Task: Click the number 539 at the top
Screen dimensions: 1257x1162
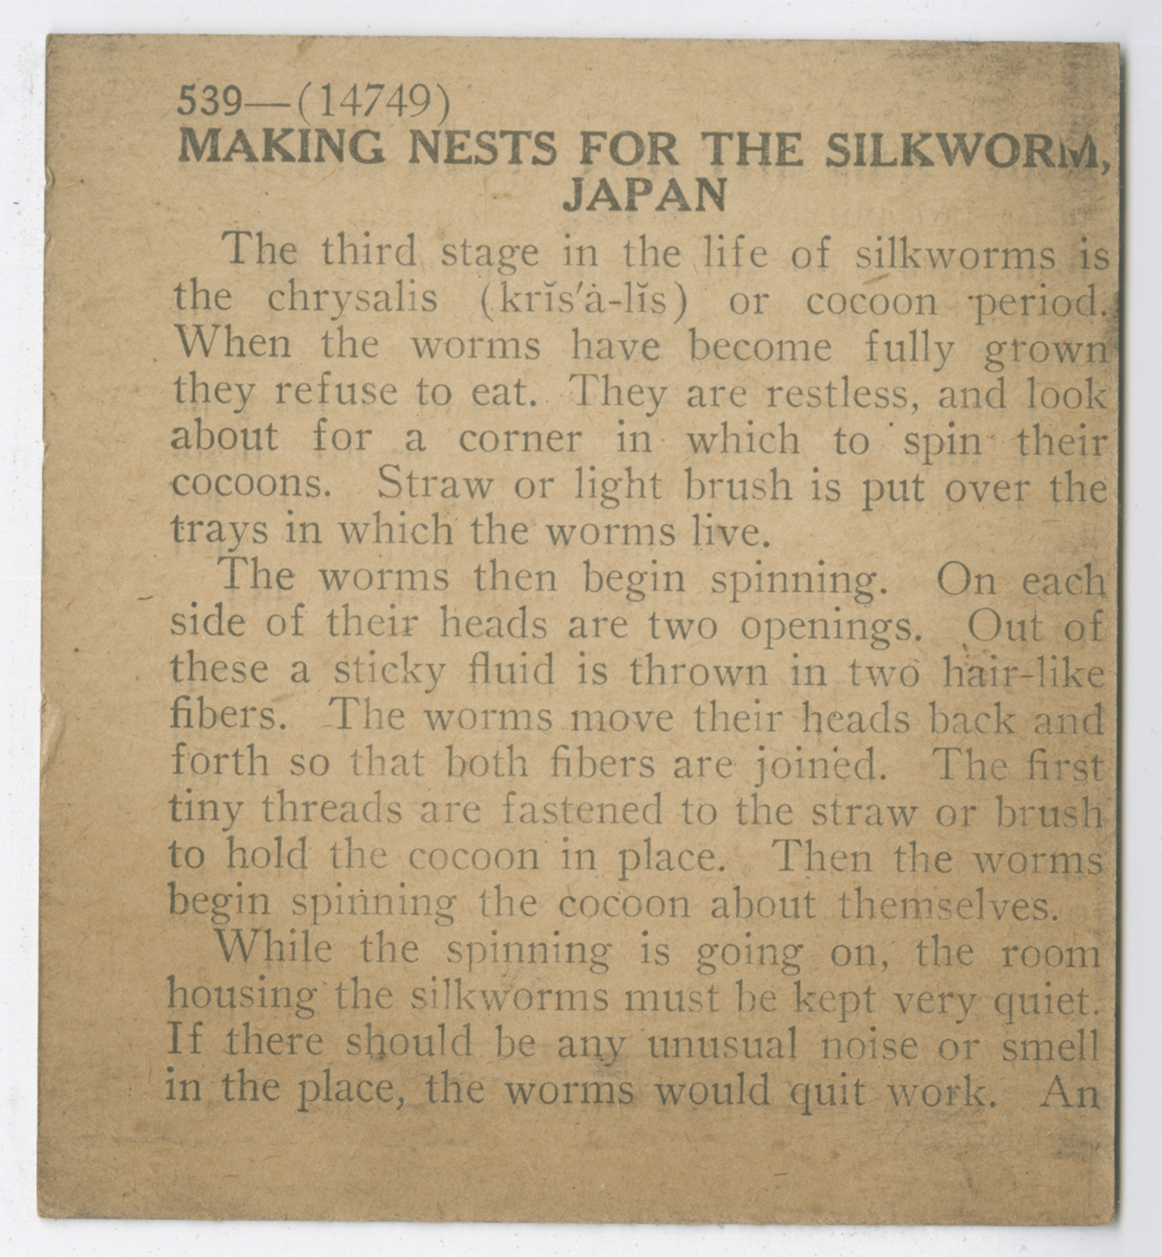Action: (x=210, y=101)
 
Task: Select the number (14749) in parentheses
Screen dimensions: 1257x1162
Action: (x=373, y=101)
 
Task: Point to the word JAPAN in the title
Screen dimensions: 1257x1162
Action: (x=645, y=195)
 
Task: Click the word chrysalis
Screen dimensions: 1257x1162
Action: (x=352, y=300)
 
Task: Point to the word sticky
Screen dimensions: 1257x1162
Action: (x=390, y=672)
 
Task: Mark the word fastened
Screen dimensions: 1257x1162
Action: (x=581, y=811)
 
